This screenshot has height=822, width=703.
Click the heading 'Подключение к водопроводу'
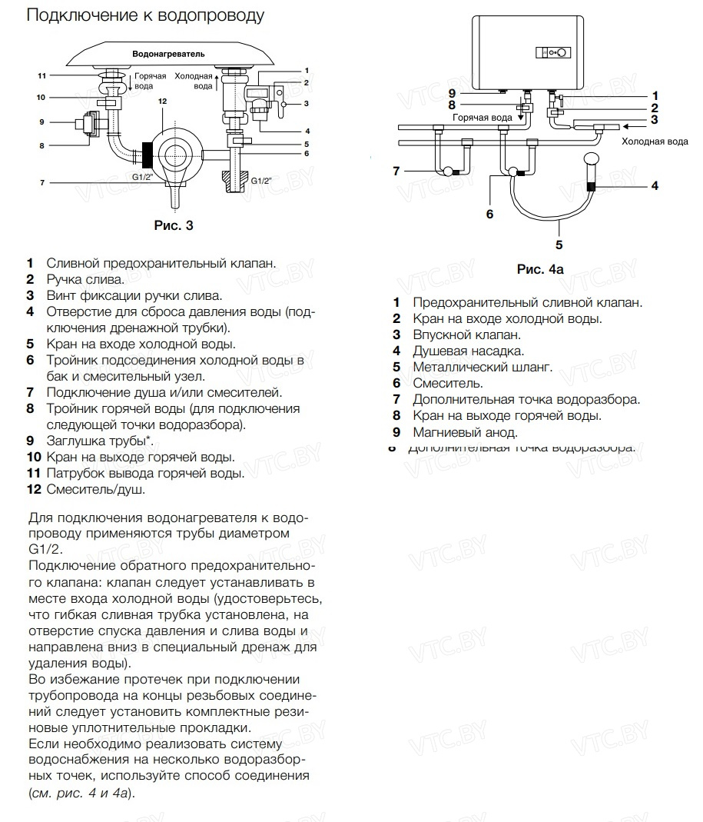[145, 15]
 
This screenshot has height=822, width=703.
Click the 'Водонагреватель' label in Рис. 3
[168, 55]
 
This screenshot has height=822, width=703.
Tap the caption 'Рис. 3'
[174, 225]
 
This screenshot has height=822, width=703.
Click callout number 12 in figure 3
[162, 102]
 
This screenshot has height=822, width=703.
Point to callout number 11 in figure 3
[42, 75]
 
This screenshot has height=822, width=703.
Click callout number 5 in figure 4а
[559, 245]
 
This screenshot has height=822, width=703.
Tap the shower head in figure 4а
[592, 162]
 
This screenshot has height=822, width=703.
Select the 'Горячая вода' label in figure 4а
[482, 118]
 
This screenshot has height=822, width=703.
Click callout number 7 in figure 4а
[396, 171]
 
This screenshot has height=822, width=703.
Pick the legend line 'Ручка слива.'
[85, 279]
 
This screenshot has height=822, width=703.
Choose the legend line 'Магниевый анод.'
[465, 432]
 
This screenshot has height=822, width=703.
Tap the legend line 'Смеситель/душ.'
[95, 489]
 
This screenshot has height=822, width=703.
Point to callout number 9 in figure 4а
[453, 93]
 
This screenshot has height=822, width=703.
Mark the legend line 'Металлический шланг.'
[482, 367]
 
